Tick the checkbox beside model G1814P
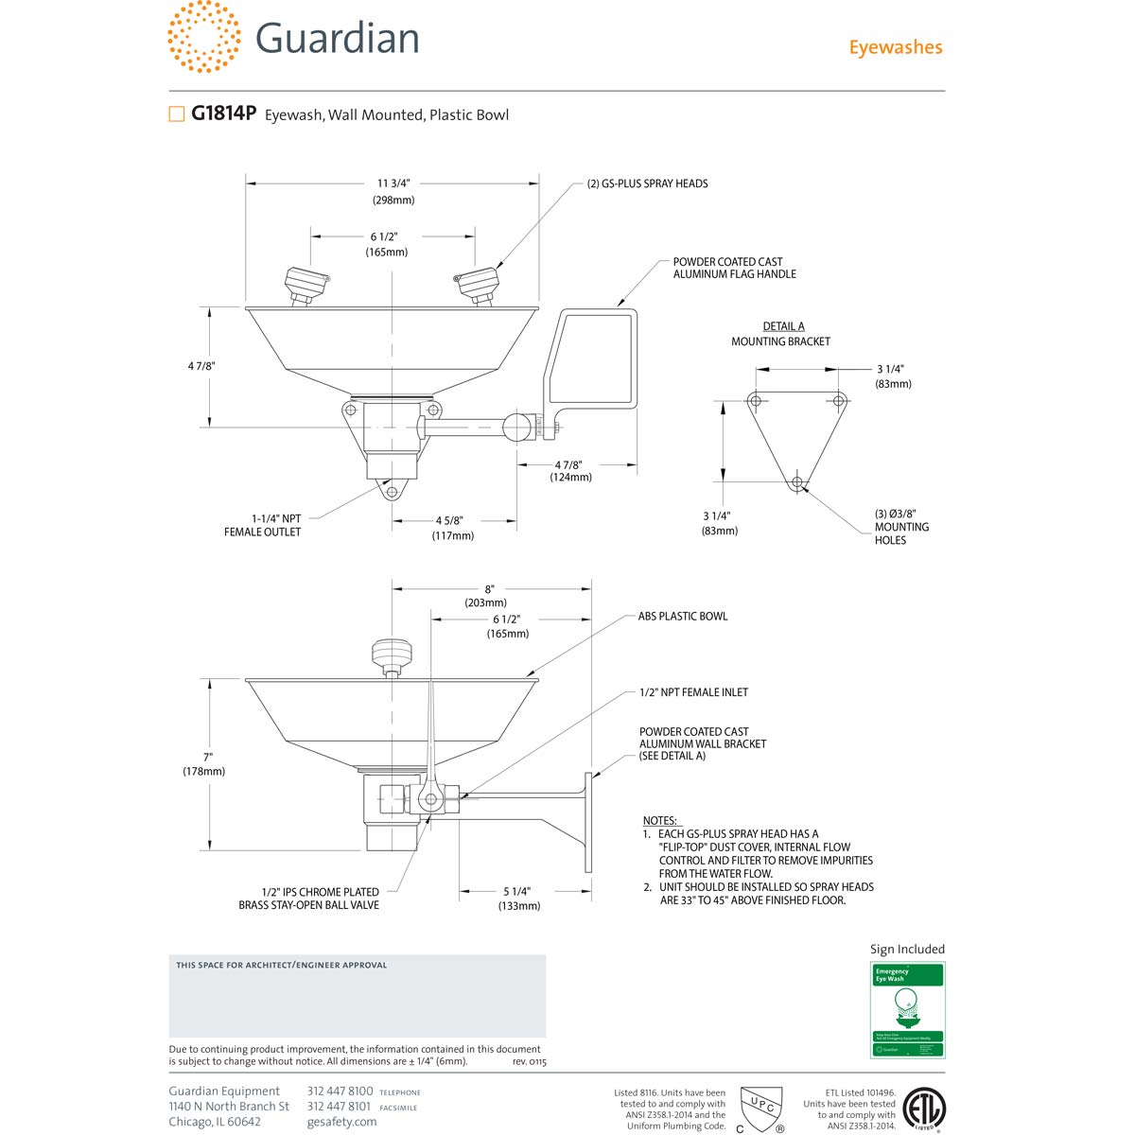click(x=176, y=114)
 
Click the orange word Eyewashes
click(x=895, y=47)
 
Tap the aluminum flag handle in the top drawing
click(x=591, y=359)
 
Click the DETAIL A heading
click(x=783, y=326)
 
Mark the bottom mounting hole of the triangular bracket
click(x=797, y=482)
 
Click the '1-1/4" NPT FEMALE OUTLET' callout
click(x=263, y=525)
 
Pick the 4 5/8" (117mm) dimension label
click(x=452, y=528)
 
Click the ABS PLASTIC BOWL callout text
click(x=682, y=616)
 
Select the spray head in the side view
click(x=392, y=654)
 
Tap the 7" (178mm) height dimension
click(x=204, y=763)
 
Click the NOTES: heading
click(x=660, y=820)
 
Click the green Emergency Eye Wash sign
click(x=907, y=1009)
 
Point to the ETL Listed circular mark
click(x=924, y=1109)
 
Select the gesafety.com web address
click(x=341, y=1122)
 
